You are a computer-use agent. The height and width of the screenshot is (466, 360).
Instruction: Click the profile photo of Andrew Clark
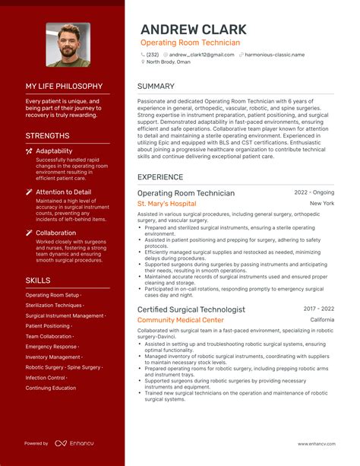[x=68, y=44]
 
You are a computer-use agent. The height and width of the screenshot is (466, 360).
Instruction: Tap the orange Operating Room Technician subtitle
[x=190, y=43]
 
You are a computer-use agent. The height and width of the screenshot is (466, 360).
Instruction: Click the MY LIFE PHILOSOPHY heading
[x=64, y=87]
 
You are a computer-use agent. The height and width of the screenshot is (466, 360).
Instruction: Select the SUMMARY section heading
[x=156, y=87]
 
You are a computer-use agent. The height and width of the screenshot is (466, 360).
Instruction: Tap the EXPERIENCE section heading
[x=160, y=177]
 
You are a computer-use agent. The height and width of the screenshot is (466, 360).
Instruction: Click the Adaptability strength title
[x=54, y=151]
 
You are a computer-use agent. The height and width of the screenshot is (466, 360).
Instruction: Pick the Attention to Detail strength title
[x=63, y=192]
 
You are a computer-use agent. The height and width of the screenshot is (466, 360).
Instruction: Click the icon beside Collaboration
[x=29, y=233]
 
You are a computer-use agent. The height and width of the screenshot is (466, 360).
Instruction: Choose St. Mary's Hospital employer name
[x=166, y=204]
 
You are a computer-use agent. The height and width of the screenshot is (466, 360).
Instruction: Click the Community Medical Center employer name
[x=181, y=320]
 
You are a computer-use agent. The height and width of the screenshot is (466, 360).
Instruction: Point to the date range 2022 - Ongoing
[x=314, y=193]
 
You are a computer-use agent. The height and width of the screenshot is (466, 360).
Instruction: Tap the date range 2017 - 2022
[x=318, y=309]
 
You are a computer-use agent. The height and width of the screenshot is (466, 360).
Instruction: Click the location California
[x=322, y=320]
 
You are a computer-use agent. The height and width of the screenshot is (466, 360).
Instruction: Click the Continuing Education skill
[x=51, y=388]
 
